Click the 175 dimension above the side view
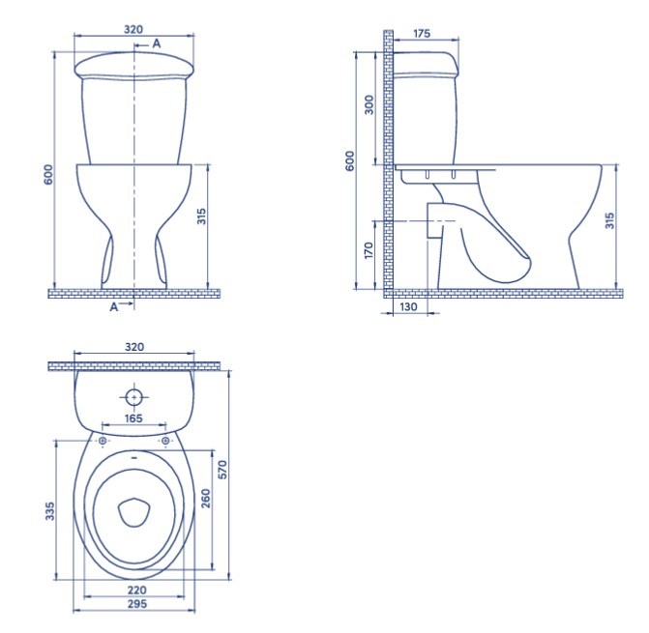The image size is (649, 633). click(422, 34)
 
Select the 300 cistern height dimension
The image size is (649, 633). click(369, 104)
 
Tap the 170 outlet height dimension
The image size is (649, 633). click(369, 250)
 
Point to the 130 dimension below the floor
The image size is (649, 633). click(408, 306)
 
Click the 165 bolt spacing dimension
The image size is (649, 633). click(133, 418)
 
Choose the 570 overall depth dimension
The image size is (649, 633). click(222, 470)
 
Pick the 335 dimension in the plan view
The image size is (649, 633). click(49, 511)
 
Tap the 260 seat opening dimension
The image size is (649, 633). click(205, 499)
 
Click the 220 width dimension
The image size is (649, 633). click(136, 590)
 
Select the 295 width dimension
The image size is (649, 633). click(136, 604)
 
